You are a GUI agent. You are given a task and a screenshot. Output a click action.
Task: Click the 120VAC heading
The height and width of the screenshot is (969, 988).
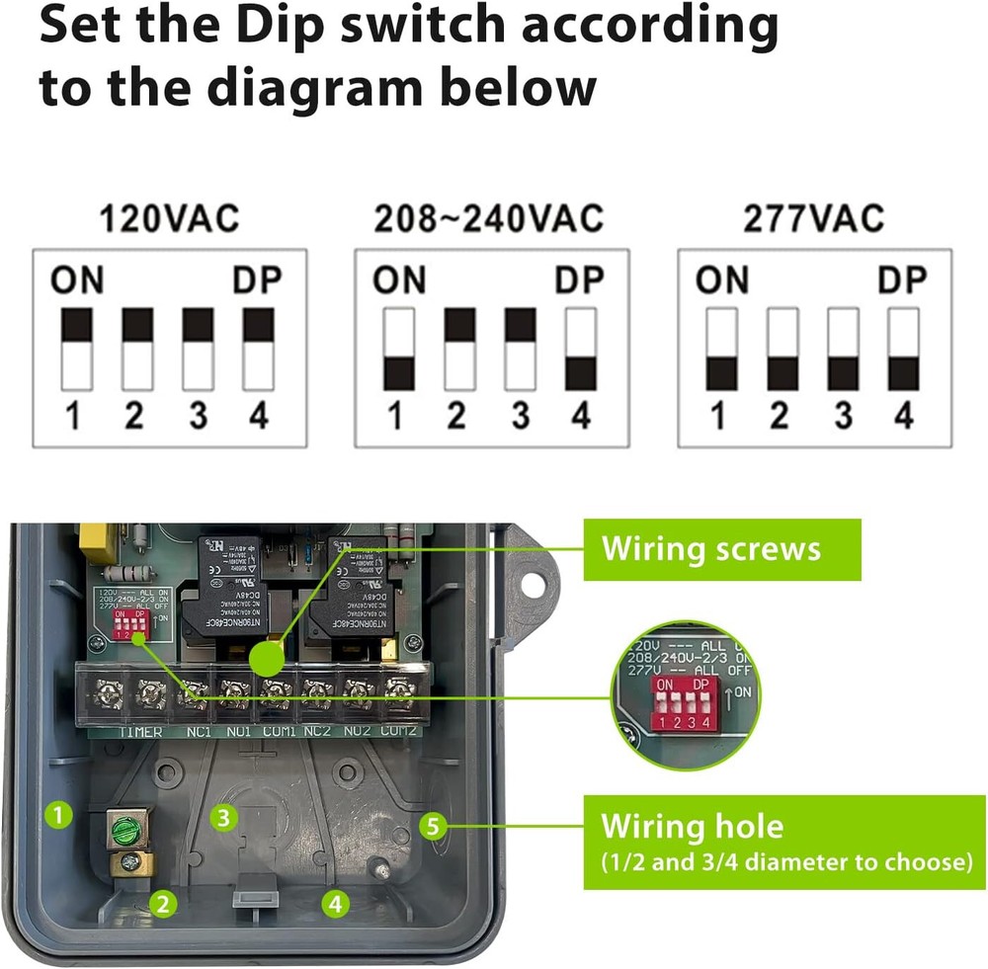tap(169, 217)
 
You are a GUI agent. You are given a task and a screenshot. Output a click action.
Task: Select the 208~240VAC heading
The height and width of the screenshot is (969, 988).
tap(488, 217)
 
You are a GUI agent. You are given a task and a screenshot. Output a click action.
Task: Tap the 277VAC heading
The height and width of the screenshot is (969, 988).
tap(813, 217)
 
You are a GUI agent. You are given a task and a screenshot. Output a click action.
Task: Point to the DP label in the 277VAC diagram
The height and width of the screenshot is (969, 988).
tap(902, 281)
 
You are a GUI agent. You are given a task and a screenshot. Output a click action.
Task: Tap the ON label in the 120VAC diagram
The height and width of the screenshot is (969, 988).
tap(77, 281)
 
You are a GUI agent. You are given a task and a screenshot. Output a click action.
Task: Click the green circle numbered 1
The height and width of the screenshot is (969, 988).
tap(61, 815)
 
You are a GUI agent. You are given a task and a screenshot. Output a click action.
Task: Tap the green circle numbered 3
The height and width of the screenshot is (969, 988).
tap(225, 817)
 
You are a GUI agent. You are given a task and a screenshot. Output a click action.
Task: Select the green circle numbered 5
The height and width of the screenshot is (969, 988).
tap(432, 826)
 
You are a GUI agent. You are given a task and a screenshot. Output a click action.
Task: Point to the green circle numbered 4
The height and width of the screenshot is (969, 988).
tap(336, 901)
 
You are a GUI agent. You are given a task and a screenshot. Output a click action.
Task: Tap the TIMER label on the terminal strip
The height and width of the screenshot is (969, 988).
tap(139, 731)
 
